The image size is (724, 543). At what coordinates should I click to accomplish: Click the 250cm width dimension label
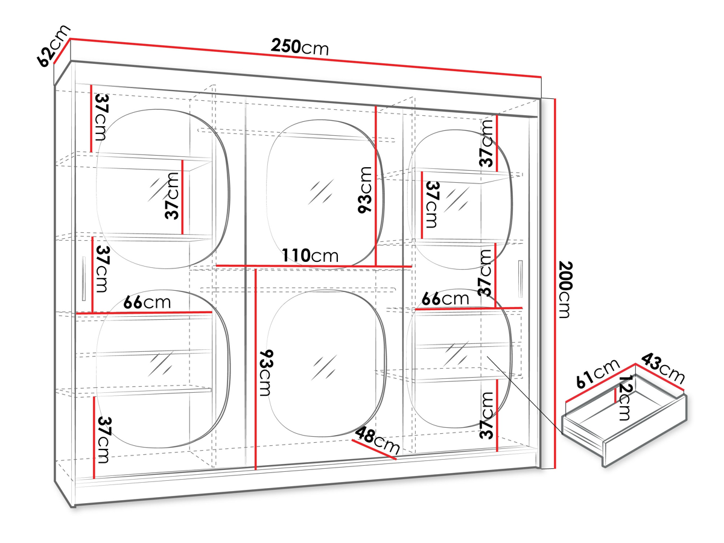[x=299, y=47]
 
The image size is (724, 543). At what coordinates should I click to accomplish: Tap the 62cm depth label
[x=53, y=45]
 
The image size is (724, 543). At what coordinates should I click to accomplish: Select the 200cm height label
[x=565, y=290]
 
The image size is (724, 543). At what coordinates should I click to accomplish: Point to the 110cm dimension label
[x=310, y=255]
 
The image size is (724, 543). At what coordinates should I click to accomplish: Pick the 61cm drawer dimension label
[x=598, y=373]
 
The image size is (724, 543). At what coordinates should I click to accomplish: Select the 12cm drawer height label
[x=624, y=399]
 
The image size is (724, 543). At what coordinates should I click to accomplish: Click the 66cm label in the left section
[x=147, y=302]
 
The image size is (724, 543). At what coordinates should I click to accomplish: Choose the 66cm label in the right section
[x=445, y=299]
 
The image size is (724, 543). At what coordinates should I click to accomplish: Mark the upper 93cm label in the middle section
[x=365, y=190]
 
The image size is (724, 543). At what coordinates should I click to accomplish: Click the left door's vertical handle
[x=84, y=279]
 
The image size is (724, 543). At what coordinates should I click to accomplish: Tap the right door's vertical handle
[x=520, y=279]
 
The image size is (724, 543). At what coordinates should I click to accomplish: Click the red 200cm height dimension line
[x=555, y=283]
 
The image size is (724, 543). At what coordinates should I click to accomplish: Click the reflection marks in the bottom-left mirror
[x=160, y=364]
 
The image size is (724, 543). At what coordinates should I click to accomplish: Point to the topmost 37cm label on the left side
[x=101, y=117]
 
